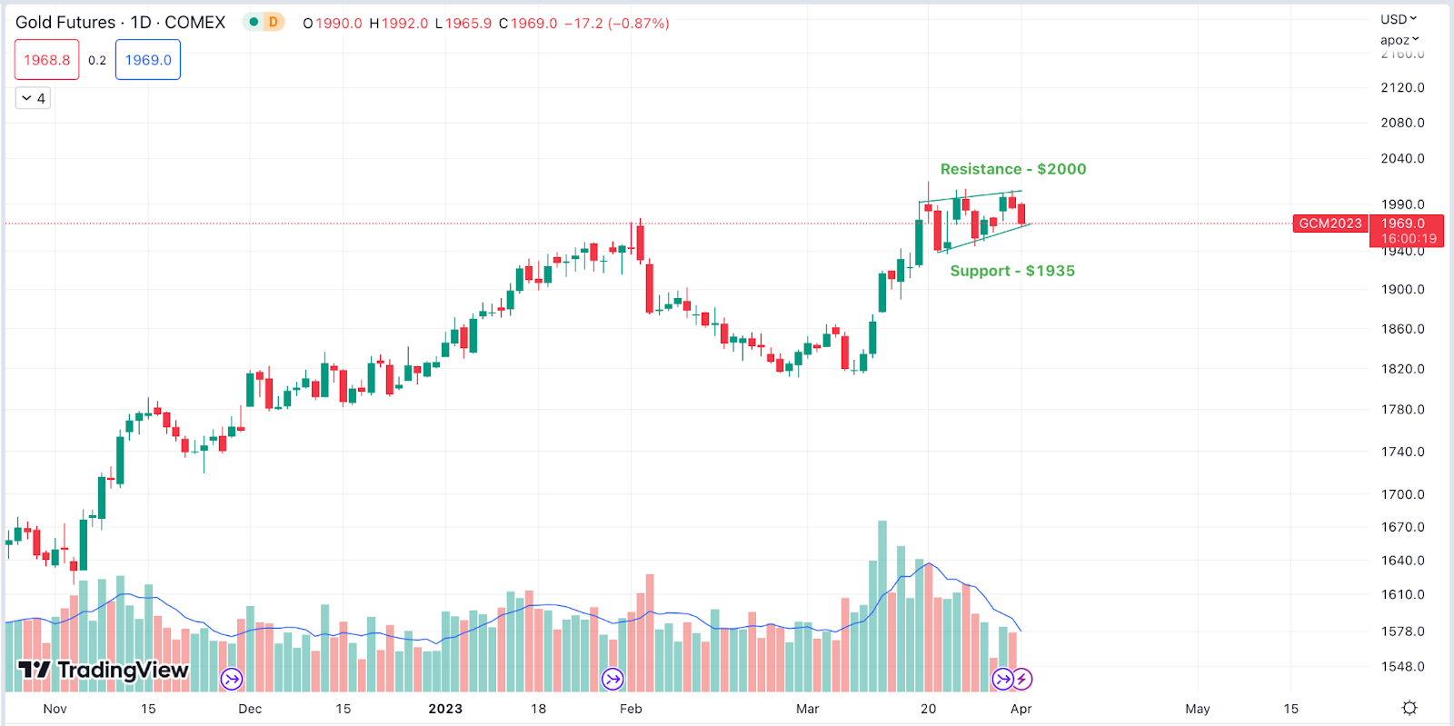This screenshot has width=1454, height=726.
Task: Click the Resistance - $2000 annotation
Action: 1012,169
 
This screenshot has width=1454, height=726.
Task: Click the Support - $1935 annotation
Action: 1011,271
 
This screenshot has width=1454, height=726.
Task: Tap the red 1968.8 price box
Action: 46,60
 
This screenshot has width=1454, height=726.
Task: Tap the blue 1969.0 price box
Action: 148,60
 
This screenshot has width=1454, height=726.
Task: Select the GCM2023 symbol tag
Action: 1330,224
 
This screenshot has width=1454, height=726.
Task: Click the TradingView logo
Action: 104,671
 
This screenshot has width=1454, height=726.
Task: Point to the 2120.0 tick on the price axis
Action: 1402,87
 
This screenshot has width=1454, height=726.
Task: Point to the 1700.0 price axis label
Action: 1402,494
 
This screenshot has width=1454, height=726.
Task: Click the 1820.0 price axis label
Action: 1402,369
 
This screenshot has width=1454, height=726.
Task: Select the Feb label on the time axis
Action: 631,709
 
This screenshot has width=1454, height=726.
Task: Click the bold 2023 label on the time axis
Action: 445,709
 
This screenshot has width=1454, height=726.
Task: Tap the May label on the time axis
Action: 1197,709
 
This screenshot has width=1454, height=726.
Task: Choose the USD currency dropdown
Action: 1398,19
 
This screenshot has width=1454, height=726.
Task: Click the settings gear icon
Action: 1409,708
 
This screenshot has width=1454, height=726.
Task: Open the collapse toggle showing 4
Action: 33,98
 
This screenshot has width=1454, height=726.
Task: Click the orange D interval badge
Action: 273,22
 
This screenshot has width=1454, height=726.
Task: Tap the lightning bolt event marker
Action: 1022,679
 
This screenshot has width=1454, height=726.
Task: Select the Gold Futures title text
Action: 65,23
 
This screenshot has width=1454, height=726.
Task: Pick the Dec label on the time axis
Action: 250,709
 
